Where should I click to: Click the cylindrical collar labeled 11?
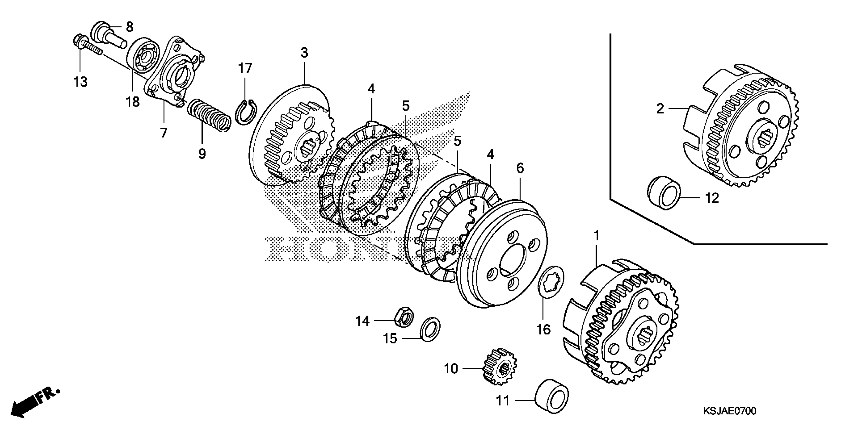(552, 395)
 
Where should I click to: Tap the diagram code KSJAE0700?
(729, 411)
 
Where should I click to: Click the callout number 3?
(304, 53)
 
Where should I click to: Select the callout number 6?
(520, 168)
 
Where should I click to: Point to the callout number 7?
(163, 133)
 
